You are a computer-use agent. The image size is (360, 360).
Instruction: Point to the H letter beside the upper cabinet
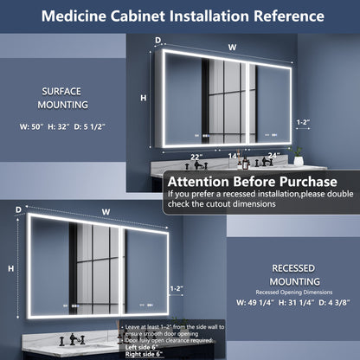143,99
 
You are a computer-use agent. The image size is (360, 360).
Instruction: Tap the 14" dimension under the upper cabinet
233,156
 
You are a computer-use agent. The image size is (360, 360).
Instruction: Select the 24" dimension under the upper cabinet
274,156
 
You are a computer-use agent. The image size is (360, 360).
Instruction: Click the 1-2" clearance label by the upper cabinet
302,123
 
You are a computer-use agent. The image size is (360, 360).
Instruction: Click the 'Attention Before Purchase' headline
250,182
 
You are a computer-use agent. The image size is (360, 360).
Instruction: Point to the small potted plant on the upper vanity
299,156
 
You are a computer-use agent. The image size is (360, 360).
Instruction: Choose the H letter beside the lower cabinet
10,269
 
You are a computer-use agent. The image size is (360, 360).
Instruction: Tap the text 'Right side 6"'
145,355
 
